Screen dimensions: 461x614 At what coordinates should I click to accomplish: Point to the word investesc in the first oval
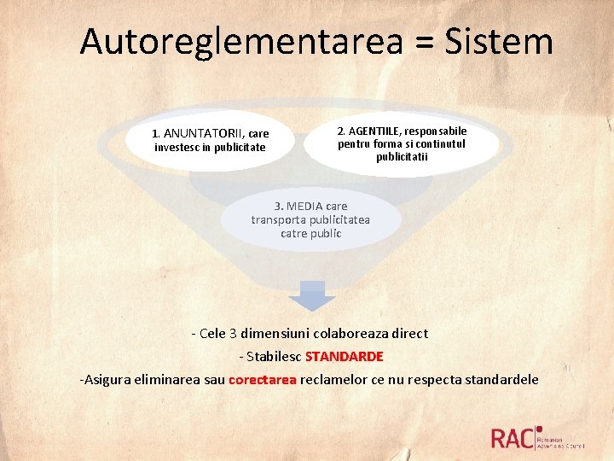tap(177, 148)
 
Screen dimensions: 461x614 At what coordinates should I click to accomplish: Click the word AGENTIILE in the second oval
tap(376, 131)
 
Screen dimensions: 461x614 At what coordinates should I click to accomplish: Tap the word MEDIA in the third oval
tap(304, 206)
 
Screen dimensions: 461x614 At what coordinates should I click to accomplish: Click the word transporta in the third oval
tap(280, 219)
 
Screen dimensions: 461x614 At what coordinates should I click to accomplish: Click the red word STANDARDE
tap(345, 356)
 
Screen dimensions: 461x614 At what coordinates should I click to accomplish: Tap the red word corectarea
tap(263, 380)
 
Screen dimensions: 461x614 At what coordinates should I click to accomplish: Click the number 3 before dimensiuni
tap(233, 333)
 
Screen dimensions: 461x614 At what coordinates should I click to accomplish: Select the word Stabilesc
tap(274, 356)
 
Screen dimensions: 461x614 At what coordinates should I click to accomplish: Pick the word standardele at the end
tap(501, 380)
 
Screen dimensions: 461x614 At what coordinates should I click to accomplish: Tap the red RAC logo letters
tap(512, 437)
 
